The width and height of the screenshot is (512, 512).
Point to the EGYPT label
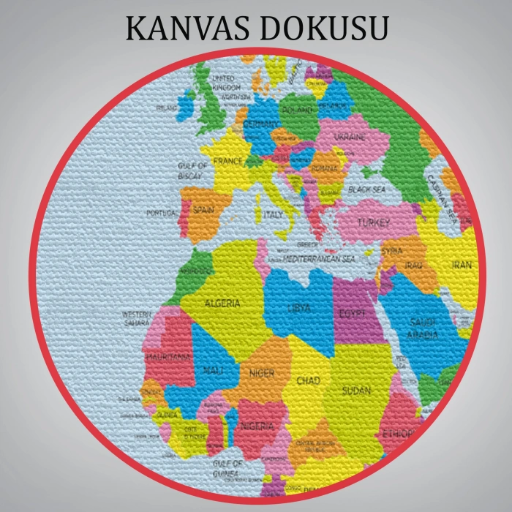pos(352,313)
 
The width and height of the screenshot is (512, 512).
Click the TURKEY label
pos(374,222)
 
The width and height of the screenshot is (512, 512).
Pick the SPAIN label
pos(203,210)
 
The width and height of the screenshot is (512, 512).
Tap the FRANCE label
pos(227,161)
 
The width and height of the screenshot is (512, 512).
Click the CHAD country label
pos(308,381)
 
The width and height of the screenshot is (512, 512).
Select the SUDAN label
pos(356,391)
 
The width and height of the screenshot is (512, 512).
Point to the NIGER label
pos(261,374)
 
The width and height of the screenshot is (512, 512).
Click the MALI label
pos(213,370)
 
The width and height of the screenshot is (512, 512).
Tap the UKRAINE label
pos(350,137)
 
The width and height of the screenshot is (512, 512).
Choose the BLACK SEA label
pos(366,189)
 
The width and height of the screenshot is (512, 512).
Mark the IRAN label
pos(462,265)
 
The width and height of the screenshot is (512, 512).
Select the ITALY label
pos(274,215)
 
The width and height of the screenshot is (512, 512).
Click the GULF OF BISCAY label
pos(192,170)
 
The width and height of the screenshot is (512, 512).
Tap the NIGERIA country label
pos(257,426)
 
